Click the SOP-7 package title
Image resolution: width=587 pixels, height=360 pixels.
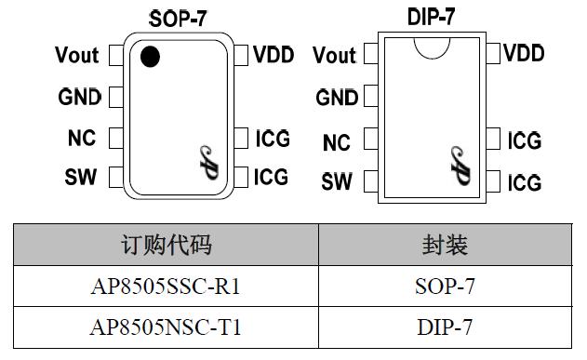coord(178,19)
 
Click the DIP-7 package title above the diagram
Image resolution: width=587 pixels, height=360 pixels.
coord(432,18)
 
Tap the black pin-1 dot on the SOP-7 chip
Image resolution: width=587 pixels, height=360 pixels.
coord(149,58)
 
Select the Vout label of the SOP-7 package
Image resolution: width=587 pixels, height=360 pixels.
coord(77,56)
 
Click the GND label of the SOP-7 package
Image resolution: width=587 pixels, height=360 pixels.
coord(79,97)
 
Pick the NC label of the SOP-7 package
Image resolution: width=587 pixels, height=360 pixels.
coord(82,139)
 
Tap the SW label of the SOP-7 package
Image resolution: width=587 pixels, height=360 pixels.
coord(81,177)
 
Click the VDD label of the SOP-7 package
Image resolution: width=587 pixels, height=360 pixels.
coord(273,55)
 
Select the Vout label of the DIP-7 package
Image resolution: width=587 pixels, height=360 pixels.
coord(335,56)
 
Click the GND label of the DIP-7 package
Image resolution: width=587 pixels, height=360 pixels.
coord(337,97)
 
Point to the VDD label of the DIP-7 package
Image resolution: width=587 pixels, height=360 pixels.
coord(524,53)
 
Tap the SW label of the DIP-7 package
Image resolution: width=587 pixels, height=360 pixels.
coord(337,181)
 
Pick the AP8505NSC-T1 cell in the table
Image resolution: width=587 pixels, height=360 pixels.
coord(167,327)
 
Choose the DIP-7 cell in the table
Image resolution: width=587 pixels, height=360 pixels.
coord(445,327)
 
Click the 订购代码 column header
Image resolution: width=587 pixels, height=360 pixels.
coord(167,245)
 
